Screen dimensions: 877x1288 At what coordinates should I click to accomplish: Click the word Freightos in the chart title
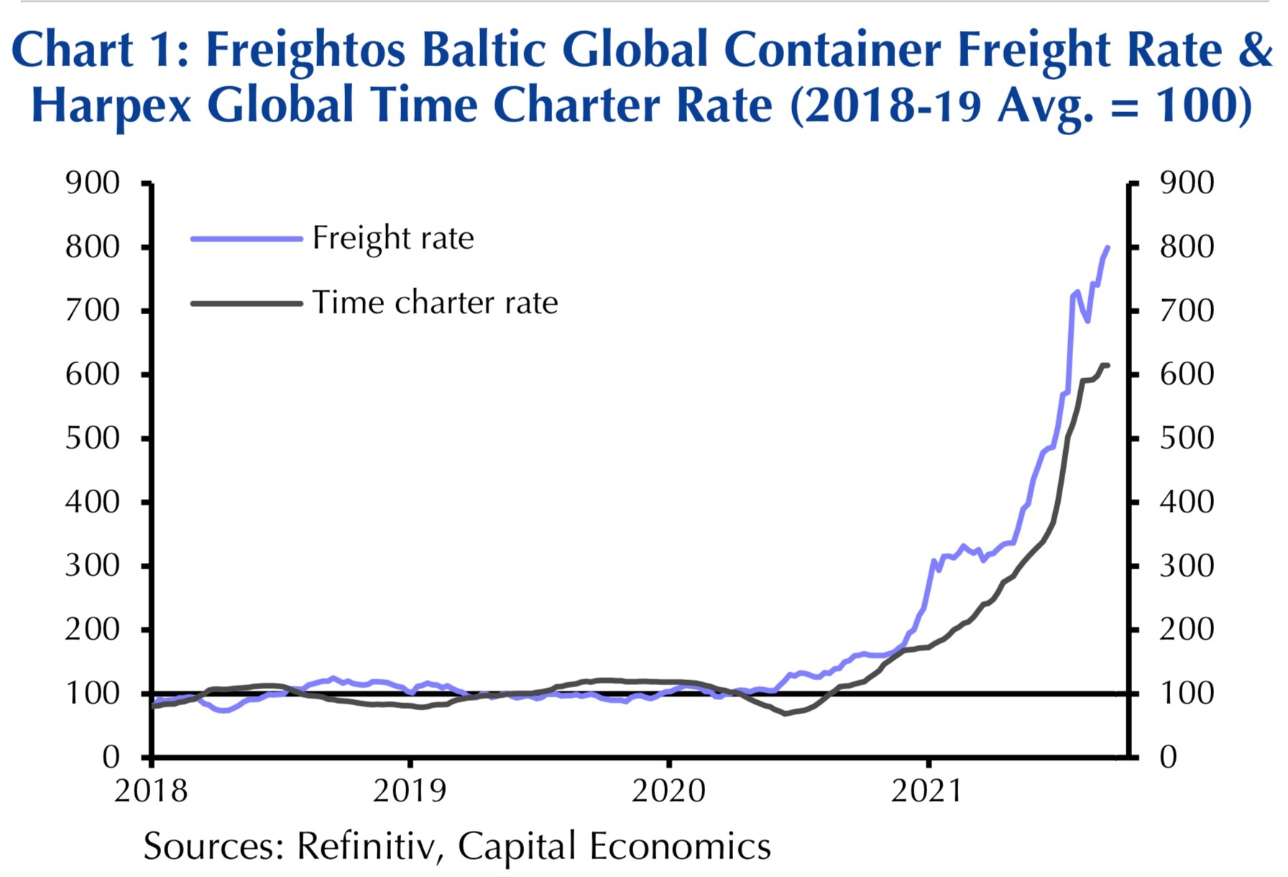click(x=305, y=51)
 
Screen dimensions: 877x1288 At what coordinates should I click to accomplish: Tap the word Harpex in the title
click(x=111, y=106)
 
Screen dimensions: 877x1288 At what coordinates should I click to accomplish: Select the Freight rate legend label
click(x=392, y=238)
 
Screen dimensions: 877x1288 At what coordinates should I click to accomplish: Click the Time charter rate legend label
click(x=435, y=303)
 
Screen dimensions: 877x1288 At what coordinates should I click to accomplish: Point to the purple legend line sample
click(x=246, y=238)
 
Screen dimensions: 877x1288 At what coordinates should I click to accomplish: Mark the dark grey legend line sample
click(x=246, y=303)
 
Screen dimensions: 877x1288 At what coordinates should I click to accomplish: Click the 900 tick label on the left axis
click(x=93, y=183)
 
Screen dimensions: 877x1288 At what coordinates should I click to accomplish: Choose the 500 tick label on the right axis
click(x=1187, y=438)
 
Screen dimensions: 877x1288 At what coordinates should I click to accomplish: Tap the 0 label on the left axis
click(x=111, y=756)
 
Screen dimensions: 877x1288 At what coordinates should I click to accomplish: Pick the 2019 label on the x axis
click(x=409, y=791)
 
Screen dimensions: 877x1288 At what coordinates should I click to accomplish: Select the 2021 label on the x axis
click(x=926, y=791)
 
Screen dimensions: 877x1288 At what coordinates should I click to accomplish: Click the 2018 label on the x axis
click(x=151, y=791)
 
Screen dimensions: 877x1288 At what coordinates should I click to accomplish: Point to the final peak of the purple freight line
click(x=1107, y=248)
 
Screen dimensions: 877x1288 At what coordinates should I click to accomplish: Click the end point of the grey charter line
click(x=1108, y=366)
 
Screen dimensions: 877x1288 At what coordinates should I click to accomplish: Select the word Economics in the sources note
click(x=680, y=846)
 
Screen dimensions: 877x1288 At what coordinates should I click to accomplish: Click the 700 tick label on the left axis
click(x=93, y=311)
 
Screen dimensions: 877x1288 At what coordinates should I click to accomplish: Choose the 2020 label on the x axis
click(x=668, y=791)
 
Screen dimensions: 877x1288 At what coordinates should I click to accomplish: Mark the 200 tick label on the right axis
click(x=1187, y=629)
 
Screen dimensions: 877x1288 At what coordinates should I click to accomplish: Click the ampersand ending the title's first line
click(x=1255, y=51)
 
